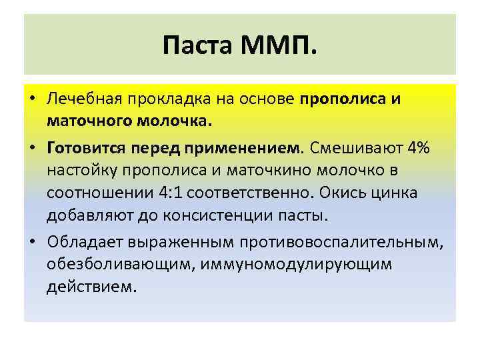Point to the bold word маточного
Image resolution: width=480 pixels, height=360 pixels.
click(x=89, y=123)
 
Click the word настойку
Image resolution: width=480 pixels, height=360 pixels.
click(x=83, y=170)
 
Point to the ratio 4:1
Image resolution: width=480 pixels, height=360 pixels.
click(x=169, y=193)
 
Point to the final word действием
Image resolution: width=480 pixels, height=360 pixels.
click(x=91, y=287)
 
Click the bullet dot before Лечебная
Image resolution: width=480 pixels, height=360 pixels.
click(x=33, y=100)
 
